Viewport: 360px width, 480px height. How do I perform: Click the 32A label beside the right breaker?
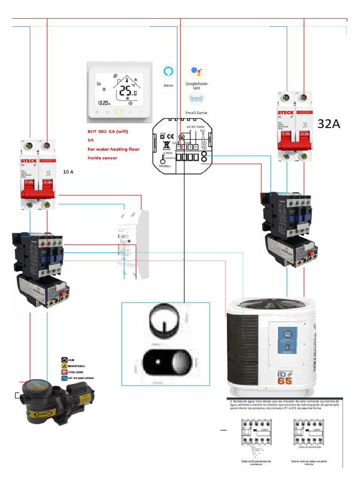coord(328,124)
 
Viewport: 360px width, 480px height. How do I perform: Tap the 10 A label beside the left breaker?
coord(68,172)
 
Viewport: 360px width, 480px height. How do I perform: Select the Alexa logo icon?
coord(168,72)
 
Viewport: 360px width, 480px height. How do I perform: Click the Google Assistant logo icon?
coord(196,72)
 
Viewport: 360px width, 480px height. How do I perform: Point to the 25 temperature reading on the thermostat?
coord(127,91)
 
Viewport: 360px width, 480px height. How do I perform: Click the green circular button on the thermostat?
coord(119,112)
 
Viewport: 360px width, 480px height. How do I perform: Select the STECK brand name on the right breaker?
coord(286,112)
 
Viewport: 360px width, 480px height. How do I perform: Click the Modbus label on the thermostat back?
coord(165,166)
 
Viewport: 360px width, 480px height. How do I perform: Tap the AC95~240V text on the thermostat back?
coord(196,127)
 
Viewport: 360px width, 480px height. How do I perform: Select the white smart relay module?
coord(133,244)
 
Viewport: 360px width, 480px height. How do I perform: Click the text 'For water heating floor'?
coord(113,149)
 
